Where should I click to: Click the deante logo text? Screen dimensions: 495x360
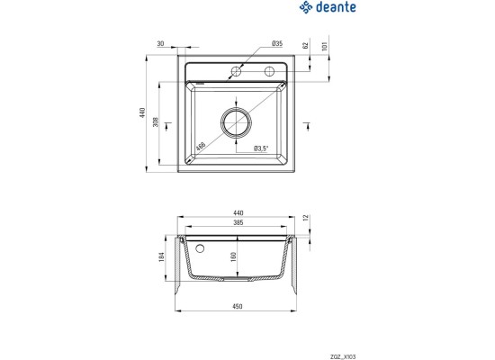[x=336, y=7]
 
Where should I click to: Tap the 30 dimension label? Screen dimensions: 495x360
[x=160, y=43]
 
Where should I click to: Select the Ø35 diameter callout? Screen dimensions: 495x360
[x=277, y=43]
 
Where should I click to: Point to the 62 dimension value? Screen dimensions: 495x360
[x=305, y=45]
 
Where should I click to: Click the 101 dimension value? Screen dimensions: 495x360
[x=324, y=46]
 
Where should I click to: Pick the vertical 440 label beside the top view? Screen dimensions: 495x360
[x=142, y=112]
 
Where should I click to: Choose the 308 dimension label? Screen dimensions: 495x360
[x=156, y=121]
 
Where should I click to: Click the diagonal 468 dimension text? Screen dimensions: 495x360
[x=201, y=146]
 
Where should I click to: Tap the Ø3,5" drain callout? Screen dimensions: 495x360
[x=261, y=148]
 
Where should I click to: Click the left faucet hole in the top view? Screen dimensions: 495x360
[x=236, y=72]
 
